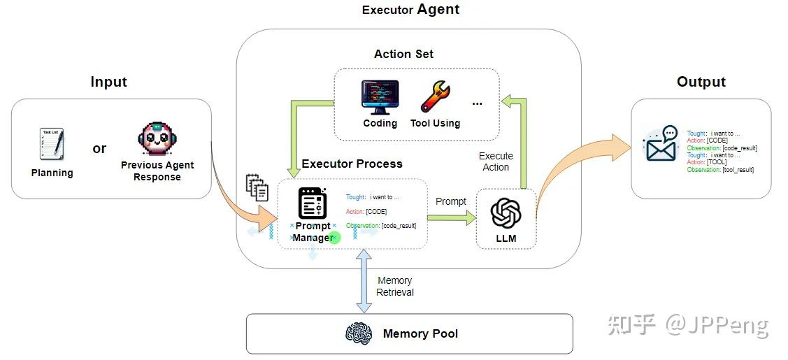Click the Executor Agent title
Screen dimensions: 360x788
(x=410, y=10)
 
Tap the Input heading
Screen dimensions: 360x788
(x=108, y=82)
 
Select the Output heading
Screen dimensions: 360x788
(x=701, y=82)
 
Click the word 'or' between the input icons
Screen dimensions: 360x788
(x=99, y=148)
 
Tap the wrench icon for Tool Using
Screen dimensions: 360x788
(x=435, y=97)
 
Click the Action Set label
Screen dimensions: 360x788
(x=403, y=54)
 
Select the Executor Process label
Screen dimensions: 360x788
(x=352, y=164)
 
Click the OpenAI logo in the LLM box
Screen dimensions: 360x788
(x=506, y=213)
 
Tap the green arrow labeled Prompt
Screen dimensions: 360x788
(x=451, y=218)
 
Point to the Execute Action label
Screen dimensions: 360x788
(x=496, y=161)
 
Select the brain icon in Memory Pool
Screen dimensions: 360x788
(x=359, y=333)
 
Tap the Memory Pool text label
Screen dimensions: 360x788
(x=420, y=333)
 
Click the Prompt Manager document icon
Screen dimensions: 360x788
(x=313, y=203)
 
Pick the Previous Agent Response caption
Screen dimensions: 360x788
(x=157, y=171)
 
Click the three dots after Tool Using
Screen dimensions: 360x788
(x=477, y=103)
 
